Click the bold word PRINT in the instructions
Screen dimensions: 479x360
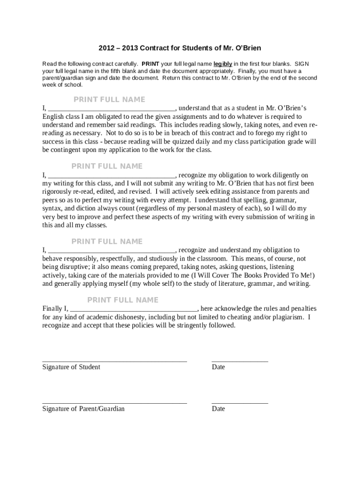click(150, 64)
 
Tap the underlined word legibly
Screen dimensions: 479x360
click(223, 64)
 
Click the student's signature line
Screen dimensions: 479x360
click(115, 361)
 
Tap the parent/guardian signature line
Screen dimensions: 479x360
click(115, 402)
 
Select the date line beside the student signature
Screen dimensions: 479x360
click(240, 361)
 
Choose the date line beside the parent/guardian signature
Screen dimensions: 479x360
click(240, 402)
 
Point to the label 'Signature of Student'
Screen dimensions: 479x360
click(71, 367)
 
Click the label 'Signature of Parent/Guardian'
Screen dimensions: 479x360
click(83, 409)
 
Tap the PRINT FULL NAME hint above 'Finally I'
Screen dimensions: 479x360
click(123, 300)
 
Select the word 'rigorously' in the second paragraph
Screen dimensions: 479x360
click(57, 192)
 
